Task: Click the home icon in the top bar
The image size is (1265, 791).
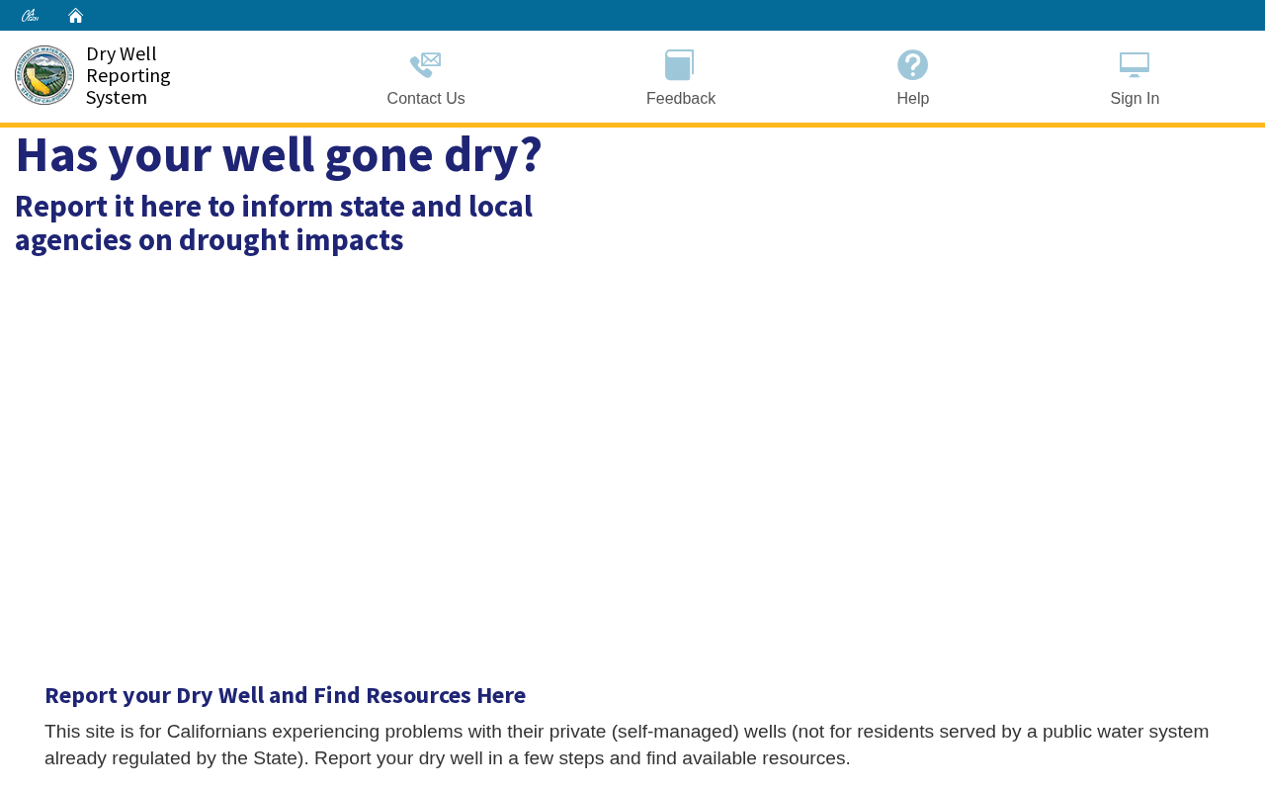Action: coord(75,16)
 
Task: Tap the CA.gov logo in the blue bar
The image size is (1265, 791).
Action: coord(30,16)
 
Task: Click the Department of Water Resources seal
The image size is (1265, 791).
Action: coord(44,75)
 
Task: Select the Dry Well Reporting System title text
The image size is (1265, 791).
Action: coord(128,76)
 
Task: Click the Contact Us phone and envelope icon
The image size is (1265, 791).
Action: coord(425,64)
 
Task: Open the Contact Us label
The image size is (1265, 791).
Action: coord(426,98)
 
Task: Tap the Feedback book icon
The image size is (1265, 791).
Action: coord(679,64)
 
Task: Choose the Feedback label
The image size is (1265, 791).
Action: coord(681,98)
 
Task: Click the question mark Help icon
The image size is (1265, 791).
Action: coord(912,64)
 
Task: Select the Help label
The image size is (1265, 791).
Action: coord(912,98)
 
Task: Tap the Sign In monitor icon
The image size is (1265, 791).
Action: coord(1134,64)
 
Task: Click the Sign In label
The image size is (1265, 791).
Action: coord(1135,98)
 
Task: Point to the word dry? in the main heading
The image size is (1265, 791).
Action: coord(493,156)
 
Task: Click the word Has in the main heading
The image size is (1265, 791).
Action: coord(56,155)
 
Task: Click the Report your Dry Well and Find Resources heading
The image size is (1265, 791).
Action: coord(286,695)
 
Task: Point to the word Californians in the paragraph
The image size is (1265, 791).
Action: coord(216,732)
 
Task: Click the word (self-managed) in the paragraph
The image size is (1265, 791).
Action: coord(675,733)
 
